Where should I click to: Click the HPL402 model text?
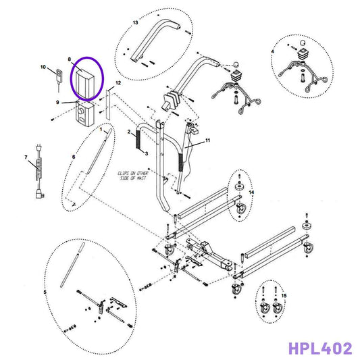pyautogui.click(x=319, y=349)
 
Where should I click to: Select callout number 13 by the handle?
pyautogui.click(x=135, y=23)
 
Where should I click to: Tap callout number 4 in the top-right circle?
pyautogui.click(x=272, y=52)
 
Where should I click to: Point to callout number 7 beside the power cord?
pyautogui.click(x=26, y=157)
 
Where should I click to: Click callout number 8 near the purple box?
pyautogui.click(x=69, y=60)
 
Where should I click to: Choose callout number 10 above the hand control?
pyautogui.click(x=43, y=68)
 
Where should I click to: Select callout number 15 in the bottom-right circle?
pyautogui.click(x=284, y=296)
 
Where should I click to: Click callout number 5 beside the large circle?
pyautogui.click(x=45, y=292)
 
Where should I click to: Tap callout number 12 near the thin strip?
pyautogui.click(x=118, y=82)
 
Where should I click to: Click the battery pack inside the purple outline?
pyautogui.click(x=87, y=81)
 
